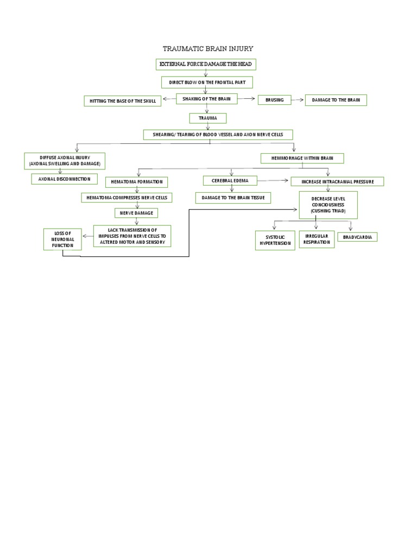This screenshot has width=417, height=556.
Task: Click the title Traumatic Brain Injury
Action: tap(208, 49)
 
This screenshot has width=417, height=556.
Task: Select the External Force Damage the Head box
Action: tap(205, 65)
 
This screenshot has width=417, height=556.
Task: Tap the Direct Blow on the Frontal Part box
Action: tap(207, 82)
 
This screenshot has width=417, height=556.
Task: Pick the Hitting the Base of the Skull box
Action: tap(122, 101)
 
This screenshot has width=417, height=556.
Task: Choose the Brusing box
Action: tap(274, 100)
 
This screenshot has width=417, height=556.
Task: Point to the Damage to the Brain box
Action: tap(336, 100)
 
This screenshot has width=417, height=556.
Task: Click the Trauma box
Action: tap(207, 118)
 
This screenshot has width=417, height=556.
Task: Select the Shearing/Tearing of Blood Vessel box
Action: tap(218, 135)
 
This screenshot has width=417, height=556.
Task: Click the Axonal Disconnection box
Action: tap(64, 178)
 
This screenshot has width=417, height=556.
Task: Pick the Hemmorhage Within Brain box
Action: tap(302, 159)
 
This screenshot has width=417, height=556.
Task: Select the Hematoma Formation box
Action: tap(137, 182)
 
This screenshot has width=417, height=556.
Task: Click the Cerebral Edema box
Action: tap(230, 180)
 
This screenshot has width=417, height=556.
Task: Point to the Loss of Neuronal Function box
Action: tap(62, 239)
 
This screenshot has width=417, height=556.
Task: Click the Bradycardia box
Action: tap(357, 237)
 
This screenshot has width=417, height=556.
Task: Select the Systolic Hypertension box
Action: tap(274, 241)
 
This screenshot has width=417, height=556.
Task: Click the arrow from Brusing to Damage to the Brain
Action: tap(298, 100)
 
